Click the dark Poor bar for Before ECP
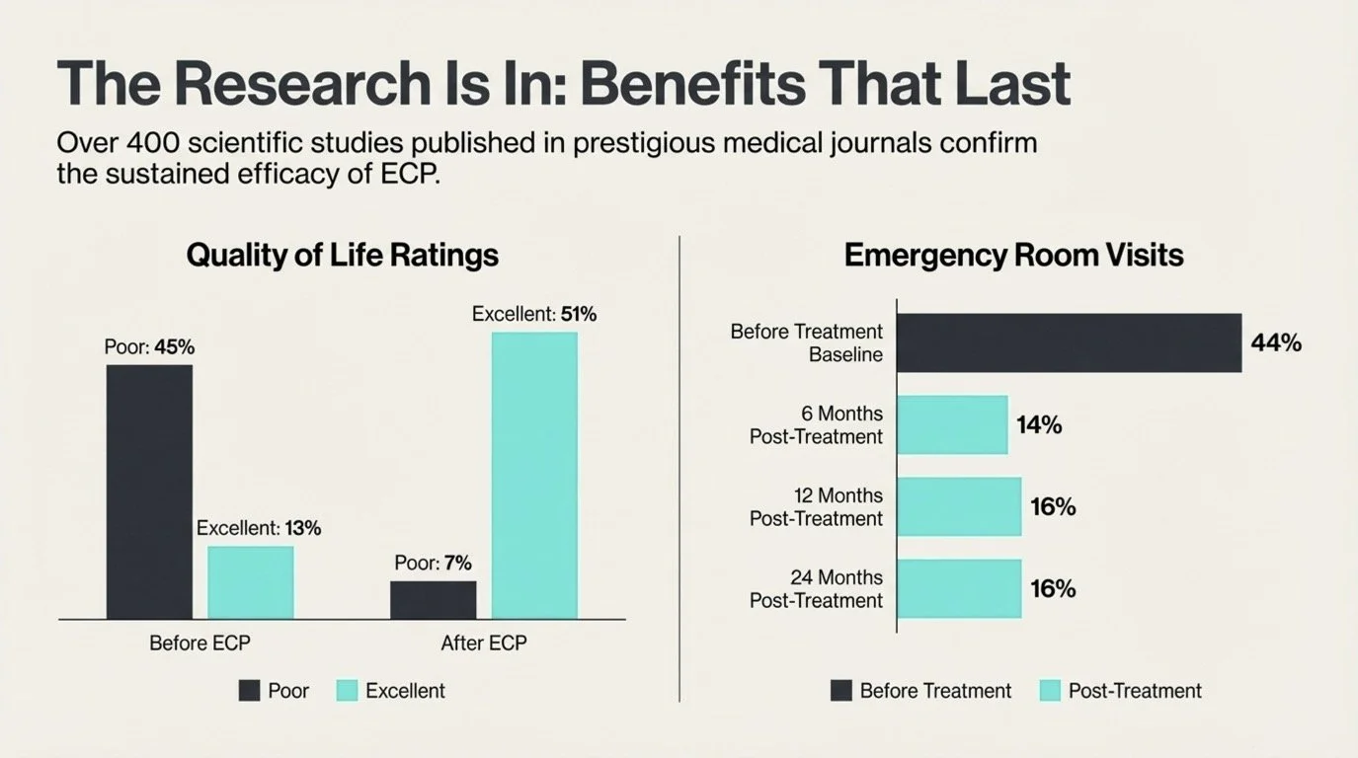[x=149, y=492]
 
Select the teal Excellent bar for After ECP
[x=534, y=476]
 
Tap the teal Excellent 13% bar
[x=250, y=582]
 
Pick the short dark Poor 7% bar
[x=433, y=600]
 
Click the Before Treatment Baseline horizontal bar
[x=1069, y=343]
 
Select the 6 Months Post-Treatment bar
[x=952, y=425]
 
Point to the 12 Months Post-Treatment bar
[x=959, y=506]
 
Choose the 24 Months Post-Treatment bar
[x=959, y=588]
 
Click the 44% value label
[x=1276, y=343]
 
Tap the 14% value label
[x=1039, y=425]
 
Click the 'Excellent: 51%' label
[x=534, y=315]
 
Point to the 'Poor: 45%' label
[x=149, y=347]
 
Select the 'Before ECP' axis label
[x=200, y=644]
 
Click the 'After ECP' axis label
[x=484, y=644]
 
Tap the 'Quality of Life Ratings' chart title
[x=342, y=256]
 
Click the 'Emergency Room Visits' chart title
[x=1013, y=256]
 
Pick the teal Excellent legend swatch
[x=347, y=691]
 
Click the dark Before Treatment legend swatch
[x=841, y=691]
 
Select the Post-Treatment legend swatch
[x=1050, y=691]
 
